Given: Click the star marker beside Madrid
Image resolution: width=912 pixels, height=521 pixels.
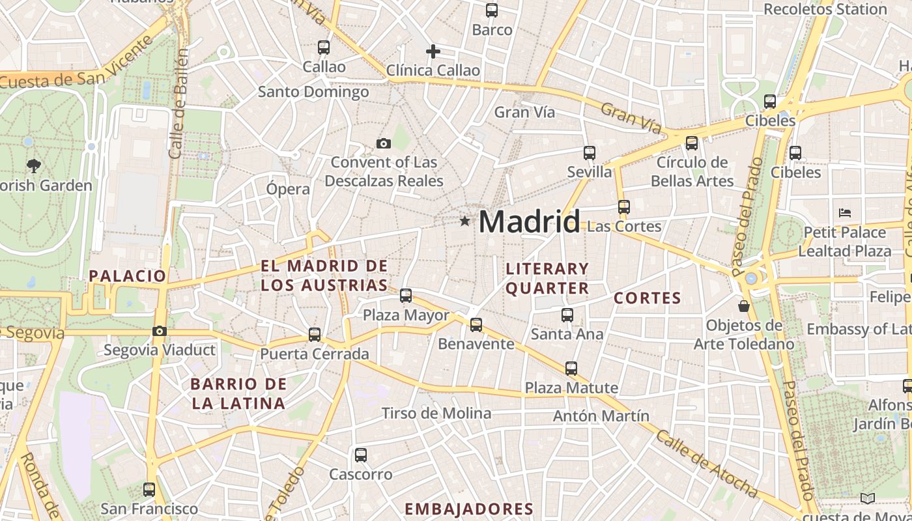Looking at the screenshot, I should [464, 221].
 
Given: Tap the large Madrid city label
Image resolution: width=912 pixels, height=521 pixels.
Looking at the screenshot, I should [529, 222].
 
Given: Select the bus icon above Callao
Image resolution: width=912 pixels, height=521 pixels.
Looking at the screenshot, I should [324, 48].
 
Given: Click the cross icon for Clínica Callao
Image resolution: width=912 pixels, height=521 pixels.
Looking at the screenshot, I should [433, 51].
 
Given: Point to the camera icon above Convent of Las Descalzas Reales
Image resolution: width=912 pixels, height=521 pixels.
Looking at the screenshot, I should [384, 143].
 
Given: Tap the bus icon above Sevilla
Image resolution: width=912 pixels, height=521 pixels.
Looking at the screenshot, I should [590, 153].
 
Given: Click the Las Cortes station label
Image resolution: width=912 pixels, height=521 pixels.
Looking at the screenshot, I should [624, 227].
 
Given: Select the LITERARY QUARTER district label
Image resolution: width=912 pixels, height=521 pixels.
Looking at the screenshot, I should [547, 278].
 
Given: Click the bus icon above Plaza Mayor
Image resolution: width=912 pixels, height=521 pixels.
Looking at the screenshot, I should [406, 296].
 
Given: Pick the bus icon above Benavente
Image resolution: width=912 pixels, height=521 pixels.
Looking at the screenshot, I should [476, 325].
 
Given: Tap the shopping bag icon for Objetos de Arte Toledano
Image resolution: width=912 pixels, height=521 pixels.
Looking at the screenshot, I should [743, 305].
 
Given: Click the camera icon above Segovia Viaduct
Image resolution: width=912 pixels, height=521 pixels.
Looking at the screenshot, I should [159, 331].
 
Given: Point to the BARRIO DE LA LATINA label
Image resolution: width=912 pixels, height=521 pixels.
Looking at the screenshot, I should [238, 393].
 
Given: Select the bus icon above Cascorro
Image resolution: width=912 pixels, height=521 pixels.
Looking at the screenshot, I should [361, 455].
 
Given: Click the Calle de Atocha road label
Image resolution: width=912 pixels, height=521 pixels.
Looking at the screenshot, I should [706, 464].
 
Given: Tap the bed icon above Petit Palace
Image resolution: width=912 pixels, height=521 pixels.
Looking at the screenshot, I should [845, 213].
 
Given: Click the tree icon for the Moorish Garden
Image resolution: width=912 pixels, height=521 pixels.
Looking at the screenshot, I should [34, 166].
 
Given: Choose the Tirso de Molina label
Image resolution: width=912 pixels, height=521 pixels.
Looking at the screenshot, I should [436, 414].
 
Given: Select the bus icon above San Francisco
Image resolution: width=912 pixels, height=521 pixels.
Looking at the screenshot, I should [149, 490].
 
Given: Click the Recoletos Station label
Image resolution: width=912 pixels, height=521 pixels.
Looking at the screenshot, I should [825, 9].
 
